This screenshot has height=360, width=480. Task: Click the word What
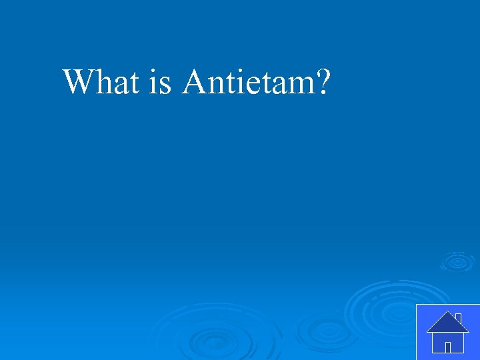[101, 82]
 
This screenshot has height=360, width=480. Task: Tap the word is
[161, 82]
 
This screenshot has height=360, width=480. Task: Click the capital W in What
[79, 82]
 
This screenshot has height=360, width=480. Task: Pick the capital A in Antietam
[195, 82]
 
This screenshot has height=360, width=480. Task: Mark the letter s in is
[165, 85]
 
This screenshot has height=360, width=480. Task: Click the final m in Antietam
[300, 85]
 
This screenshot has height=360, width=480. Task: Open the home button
[447, 331]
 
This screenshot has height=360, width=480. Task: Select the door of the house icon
[448, 347]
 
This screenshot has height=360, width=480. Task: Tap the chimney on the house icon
[459, 317]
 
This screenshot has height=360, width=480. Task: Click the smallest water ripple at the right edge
[457, 261]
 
